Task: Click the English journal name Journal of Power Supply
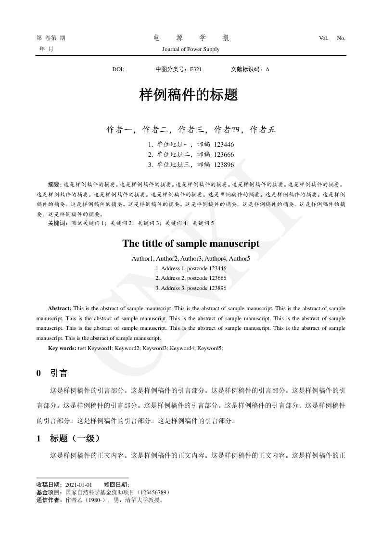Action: (191, 49)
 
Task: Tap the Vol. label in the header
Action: (323, 38)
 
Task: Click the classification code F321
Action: (196, 69)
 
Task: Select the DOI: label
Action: (118, 69)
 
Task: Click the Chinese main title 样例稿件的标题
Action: (189, 95)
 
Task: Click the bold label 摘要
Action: (54, 184)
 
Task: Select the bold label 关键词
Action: (58, 223)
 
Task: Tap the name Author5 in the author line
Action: (240, 259)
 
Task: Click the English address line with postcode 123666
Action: (191, 278)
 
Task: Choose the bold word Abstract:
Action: (60, 308)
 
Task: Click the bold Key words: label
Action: (62, 348)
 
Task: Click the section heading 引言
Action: (59, 373)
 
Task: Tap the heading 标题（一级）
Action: (75, 438)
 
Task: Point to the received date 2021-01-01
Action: (78, 485)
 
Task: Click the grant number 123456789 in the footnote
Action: (153, 492)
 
